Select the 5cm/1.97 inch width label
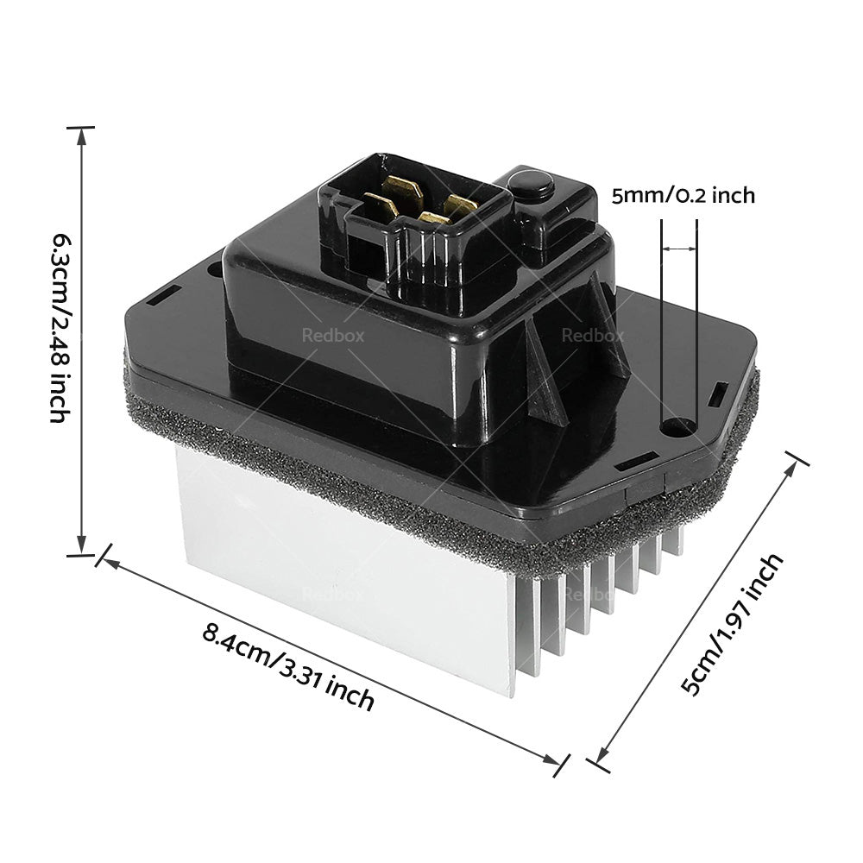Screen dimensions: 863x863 coord(734,624)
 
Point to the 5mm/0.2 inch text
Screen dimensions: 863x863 coord(683,196)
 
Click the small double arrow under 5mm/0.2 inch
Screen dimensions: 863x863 coord(679,249)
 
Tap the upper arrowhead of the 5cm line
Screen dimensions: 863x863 coord(794,463)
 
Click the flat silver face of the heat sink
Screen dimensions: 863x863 coord(345,570)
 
